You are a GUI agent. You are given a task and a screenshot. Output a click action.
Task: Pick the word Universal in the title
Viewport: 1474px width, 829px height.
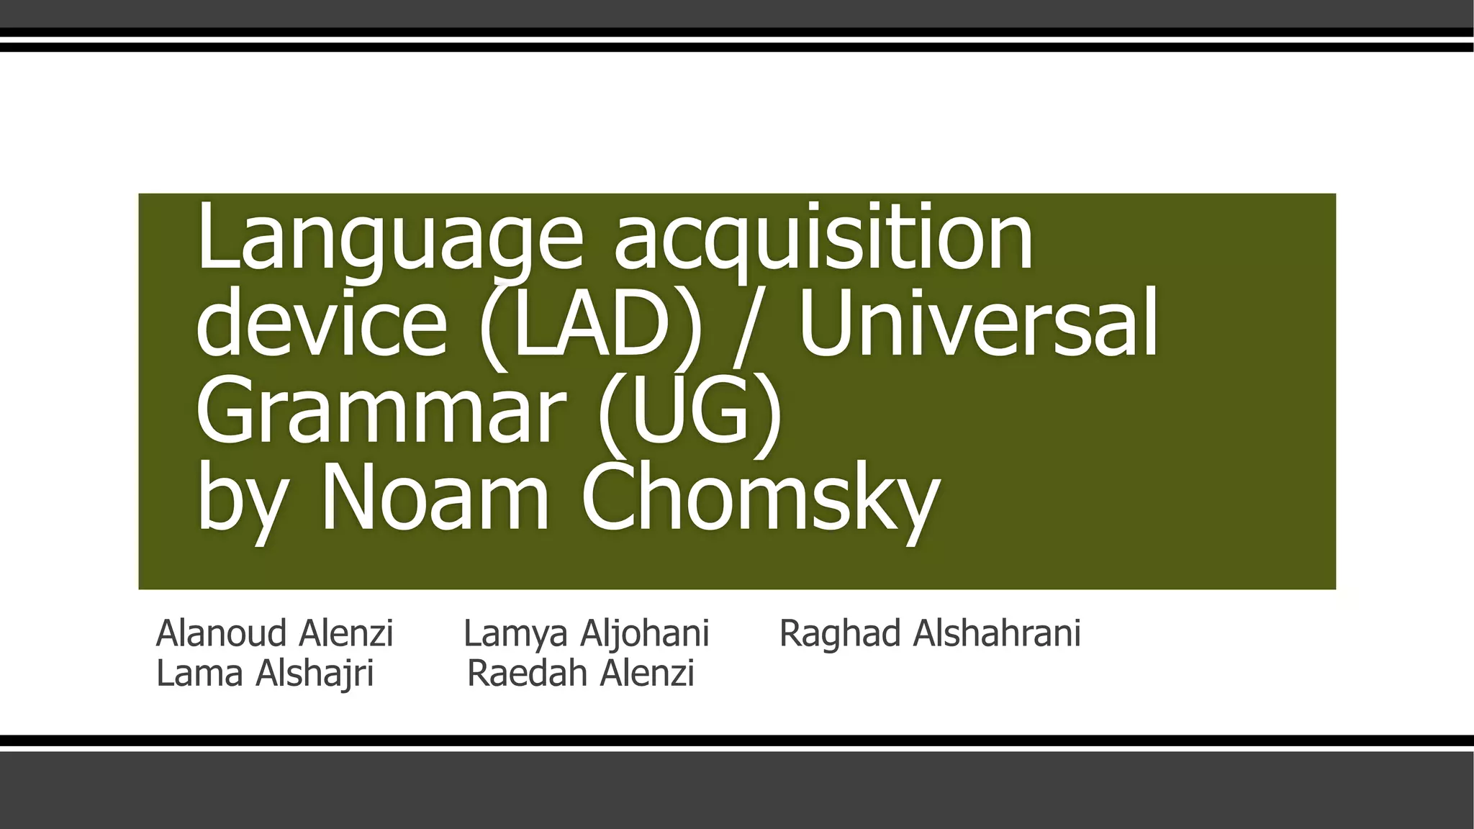point(977,322)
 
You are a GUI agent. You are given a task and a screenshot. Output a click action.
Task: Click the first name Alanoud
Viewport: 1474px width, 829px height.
point(221,634)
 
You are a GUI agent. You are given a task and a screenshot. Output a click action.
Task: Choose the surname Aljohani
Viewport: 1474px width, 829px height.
point(645,634)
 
